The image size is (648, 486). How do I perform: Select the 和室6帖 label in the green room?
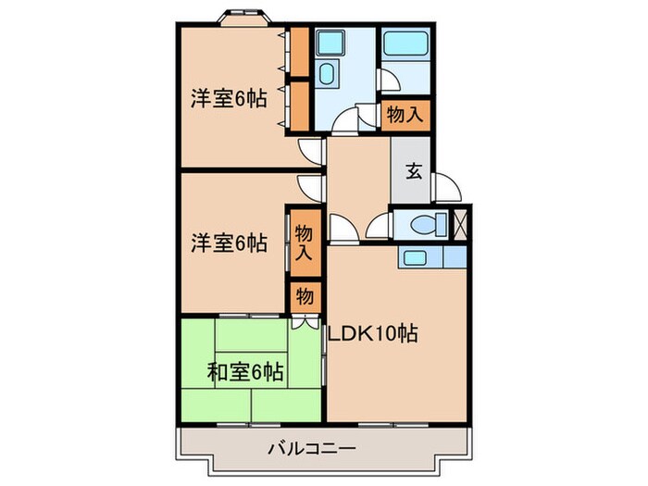(244, 373)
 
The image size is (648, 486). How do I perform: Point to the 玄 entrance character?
(413, 172)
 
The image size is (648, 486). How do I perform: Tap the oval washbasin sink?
(326, 75)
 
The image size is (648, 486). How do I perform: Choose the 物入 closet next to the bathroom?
(405, 116)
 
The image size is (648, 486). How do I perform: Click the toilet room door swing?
(379, 227)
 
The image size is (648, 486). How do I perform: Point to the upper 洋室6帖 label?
(230, 96)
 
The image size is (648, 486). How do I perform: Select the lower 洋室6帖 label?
(230, 243)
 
